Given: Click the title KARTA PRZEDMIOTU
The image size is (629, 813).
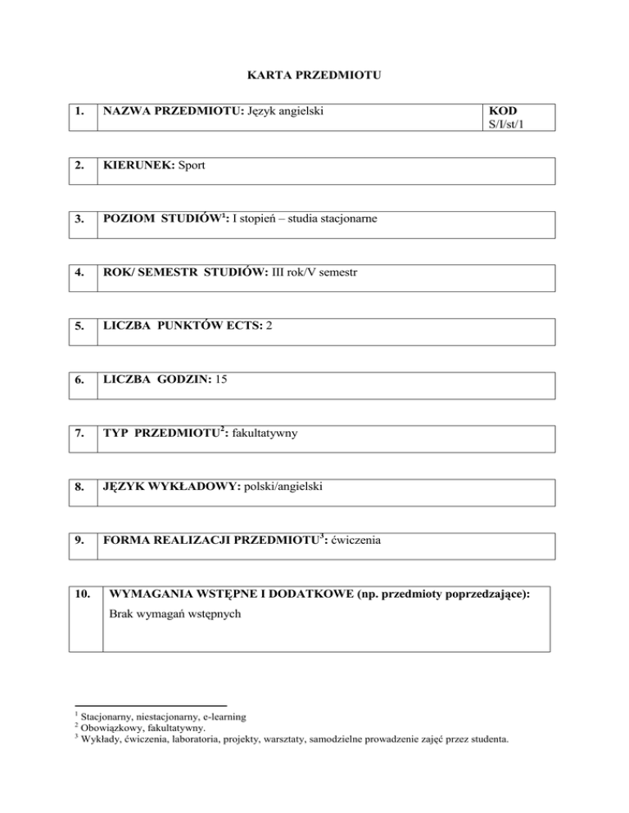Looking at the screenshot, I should coord(314,76).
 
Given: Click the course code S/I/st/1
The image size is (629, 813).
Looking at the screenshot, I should coord(506,123).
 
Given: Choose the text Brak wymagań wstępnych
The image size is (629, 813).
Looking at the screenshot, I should coord(174,612).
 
